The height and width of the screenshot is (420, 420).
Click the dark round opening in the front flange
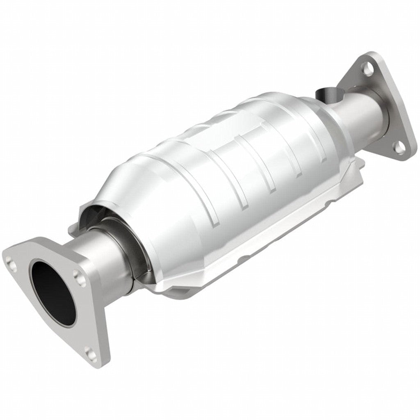point(53,291)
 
